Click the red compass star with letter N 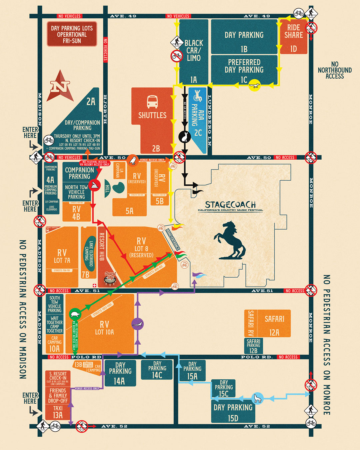click(x=60, y=86)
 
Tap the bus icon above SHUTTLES click(x=152, y=102)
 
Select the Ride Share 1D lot click(x=293, y=37)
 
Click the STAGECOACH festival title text click(x=230, y=205)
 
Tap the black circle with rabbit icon click(x=184, y=136)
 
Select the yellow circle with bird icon click(x=255, y=85)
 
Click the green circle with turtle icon click(x=75, y=314)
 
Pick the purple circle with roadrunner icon click(x=138, y=324)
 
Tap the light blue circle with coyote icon click(x=257, y=398)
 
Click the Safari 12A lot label click(x=274, y=325)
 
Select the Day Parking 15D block click(x=233, y=412)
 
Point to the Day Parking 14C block click(x=157, y=370)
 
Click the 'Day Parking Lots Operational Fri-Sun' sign click(x=72, y=34)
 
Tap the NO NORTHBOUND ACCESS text click(x=334, y=70)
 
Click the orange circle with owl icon click(x=133, y=160)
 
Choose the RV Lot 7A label click(x=62, y=256)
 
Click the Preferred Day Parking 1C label click(x=244, y=70)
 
